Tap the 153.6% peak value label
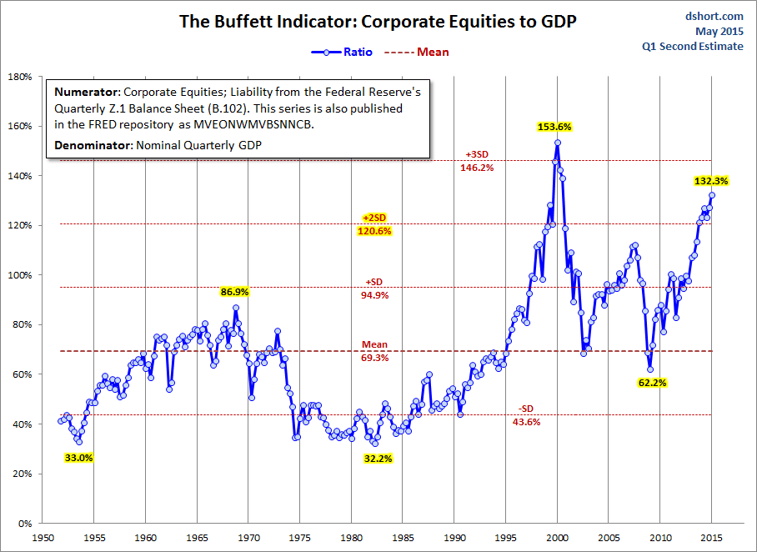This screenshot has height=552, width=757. [x=553, y=127]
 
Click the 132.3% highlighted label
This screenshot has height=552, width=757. [x=710, y=180]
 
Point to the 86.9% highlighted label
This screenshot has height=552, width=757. [x=235, y=292]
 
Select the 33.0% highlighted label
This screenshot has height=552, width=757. [x=79, y=458]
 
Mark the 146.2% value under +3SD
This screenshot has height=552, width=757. [x=477, y=168]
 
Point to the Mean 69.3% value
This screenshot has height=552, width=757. [x=374, y=358]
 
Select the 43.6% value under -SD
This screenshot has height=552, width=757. [x=527, y=422]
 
